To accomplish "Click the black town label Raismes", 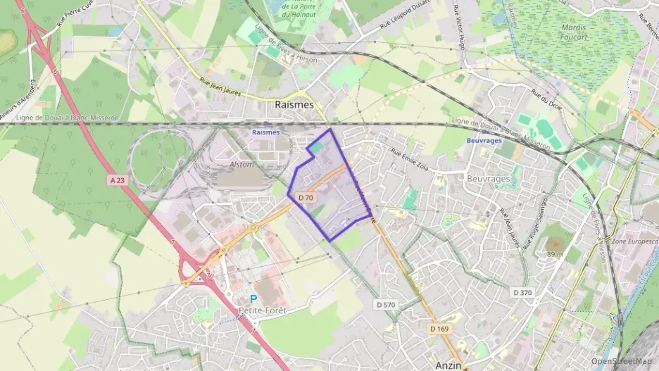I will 294,104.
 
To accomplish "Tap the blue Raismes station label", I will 266,132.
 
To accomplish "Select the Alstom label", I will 241,163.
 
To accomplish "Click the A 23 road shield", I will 118,181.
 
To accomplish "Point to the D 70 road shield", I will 306,198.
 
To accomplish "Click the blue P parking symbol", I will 253,298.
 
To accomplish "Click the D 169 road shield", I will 439,328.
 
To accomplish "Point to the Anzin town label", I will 448,365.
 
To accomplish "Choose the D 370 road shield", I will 522,291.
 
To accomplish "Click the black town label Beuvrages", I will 488,179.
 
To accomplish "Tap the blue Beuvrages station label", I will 484,140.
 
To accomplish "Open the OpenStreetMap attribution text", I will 621,361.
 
